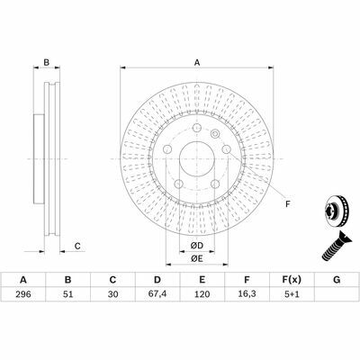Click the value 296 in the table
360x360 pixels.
tap(23, 294)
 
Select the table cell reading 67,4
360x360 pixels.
tap(157, 294)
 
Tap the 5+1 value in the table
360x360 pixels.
tap(292, 294)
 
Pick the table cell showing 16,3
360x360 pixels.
tap(247, 294)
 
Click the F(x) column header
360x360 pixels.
tap(292, 280)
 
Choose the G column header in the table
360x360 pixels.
tap(337, 280)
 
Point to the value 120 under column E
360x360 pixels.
tap(202, 294)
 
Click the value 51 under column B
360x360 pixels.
tap(68, 294)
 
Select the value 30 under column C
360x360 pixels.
tap(112, 294)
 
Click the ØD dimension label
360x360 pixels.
tap(197, 246)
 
